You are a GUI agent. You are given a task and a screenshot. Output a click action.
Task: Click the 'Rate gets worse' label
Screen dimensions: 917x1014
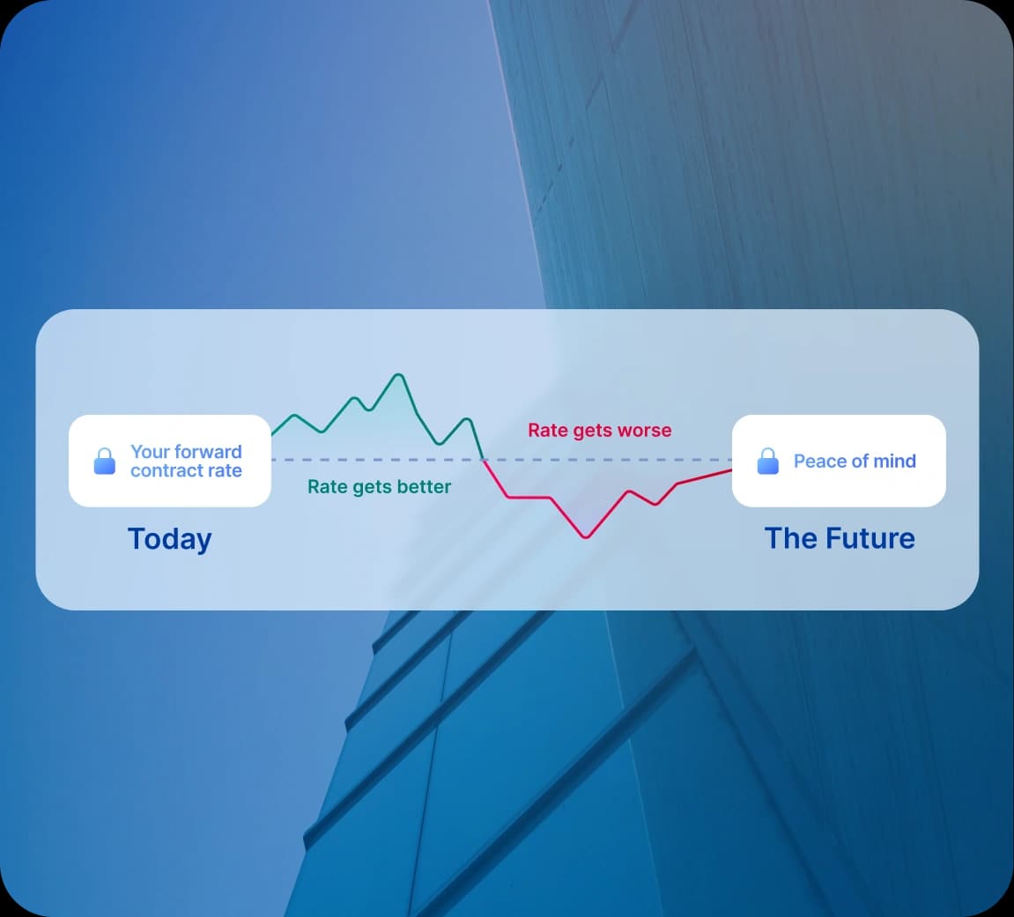[x=599, y=431]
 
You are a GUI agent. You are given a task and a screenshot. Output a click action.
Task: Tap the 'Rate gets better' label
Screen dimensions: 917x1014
[x=379, y=487]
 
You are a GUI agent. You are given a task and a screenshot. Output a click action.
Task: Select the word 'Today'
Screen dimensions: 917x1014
[x=170, y=539]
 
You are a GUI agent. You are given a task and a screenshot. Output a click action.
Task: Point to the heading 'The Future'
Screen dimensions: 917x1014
[x=840, y=538]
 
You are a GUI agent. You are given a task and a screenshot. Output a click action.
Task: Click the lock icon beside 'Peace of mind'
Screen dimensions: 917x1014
[x=768, y=461]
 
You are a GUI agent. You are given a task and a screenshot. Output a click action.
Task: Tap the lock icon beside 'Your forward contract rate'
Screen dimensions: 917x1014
[x=105, y=461]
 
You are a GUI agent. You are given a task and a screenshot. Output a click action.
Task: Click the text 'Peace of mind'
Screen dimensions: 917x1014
[x=855, y=462]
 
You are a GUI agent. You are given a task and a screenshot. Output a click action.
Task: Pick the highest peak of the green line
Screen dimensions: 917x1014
[x=398, y=375]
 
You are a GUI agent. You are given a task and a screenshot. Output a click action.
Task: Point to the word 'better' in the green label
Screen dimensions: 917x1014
[x=423, y=487]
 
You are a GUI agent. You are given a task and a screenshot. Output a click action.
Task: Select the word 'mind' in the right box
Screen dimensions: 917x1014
[x=894, y=462]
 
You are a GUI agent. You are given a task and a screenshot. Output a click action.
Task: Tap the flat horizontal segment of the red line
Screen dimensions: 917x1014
[x=529, y=498]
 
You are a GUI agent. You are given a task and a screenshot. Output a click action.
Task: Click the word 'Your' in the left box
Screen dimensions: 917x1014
[x=149, y=452]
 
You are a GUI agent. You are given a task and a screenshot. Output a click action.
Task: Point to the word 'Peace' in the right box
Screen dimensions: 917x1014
[x=818, y=462]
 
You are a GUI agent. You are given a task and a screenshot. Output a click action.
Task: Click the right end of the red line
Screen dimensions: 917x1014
[x=730, y=470]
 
